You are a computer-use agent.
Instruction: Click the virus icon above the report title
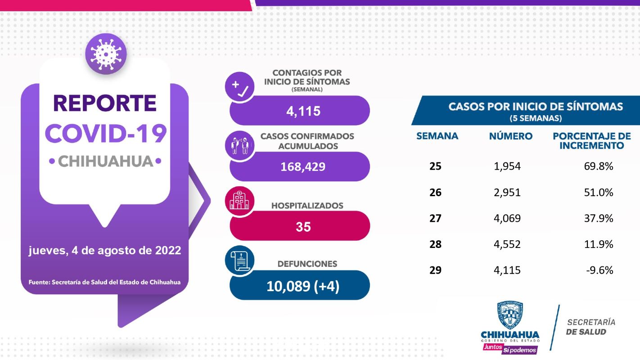click(106, 54)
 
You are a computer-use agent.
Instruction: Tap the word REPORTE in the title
click(105, 103)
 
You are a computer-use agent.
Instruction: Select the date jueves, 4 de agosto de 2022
click(105, 251)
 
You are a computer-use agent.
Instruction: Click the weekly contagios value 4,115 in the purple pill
click(303, 111)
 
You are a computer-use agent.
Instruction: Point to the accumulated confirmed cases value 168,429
click(302, 167)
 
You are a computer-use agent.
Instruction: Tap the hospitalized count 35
click(303, 227)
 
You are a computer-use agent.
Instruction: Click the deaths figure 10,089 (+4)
click(302, 286)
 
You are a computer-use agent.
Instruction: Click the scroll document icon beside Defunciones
click(239, 261)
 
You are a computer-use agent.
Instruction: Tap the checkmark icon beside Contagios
click(239, 86)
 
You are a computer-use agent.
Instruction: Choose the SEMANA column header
click(437, 136)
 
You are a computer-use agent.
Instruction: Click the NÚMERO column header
click(510, 136)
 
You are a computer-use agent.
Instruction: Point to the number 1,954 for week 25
click(507, 166)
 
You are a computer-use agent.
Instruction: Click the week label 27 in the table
click(435, 218)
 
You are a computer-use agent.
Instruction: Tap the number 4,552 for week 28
click(507, 244)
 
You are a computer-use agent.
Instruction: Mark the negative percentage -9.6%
click(600, 270)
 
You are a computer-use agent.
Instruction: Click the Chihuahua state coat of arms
click(510, 315)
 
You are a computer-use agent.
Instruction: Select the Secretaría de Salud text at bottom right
click(590, 327)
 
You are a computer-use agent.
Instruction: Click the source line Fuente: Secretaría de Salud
click(104, 283)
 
